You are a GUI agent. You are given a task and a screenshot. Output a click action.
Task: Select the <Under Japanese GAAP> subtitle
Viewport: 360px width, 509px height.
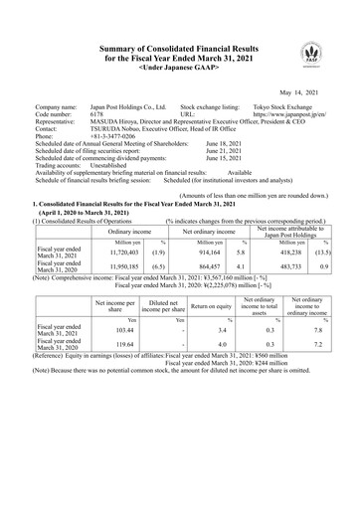click(x=179, y=66)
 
